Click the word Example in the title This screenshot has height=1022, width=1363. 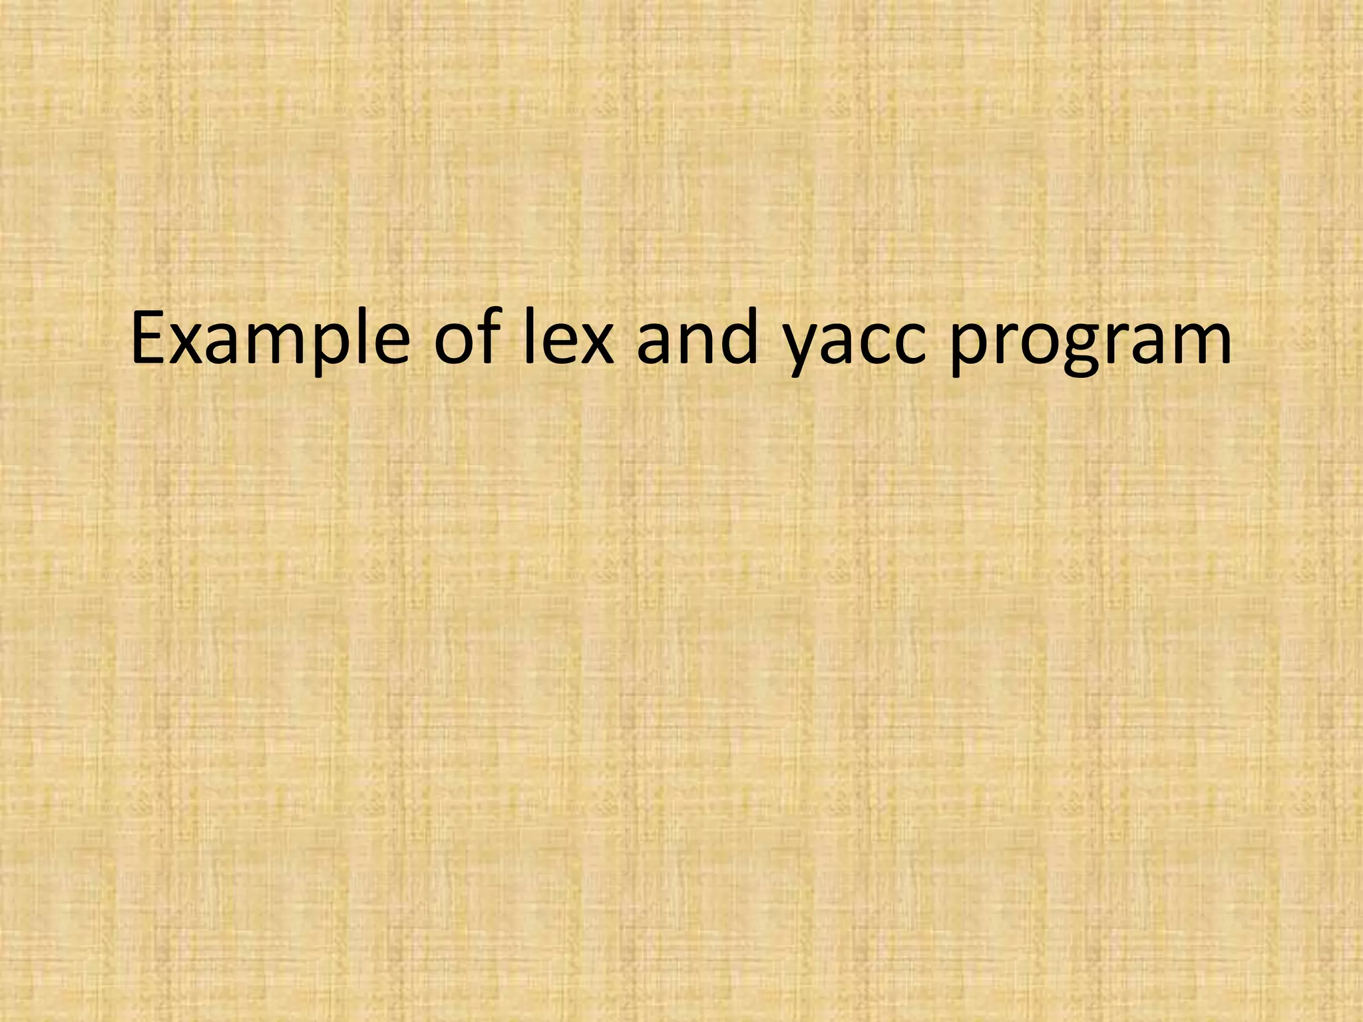270,341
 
